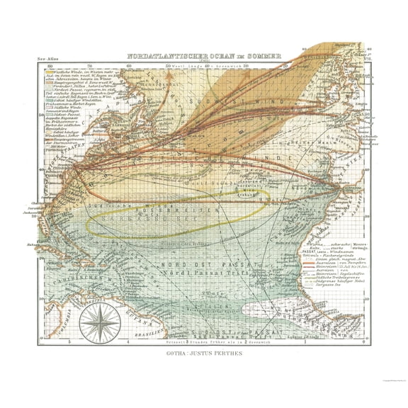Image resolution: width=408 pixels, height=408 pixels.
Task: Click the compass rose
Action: tap(99, 322)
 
